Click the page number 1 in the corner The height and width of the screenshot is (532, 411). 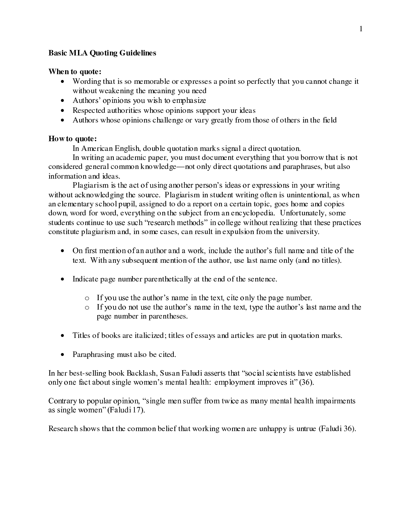[x=361, y=29]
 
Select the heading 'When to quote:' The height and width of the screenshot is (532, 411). [x=73, y=72]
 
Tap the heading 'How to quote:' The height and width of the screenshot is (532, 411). [x=73, y=139]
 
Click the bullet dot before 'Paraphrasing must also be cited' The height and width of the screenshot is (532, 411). [x=62, y=355]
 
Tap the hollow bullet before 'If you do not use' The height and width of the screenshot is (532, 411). [x=86, y=308]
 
